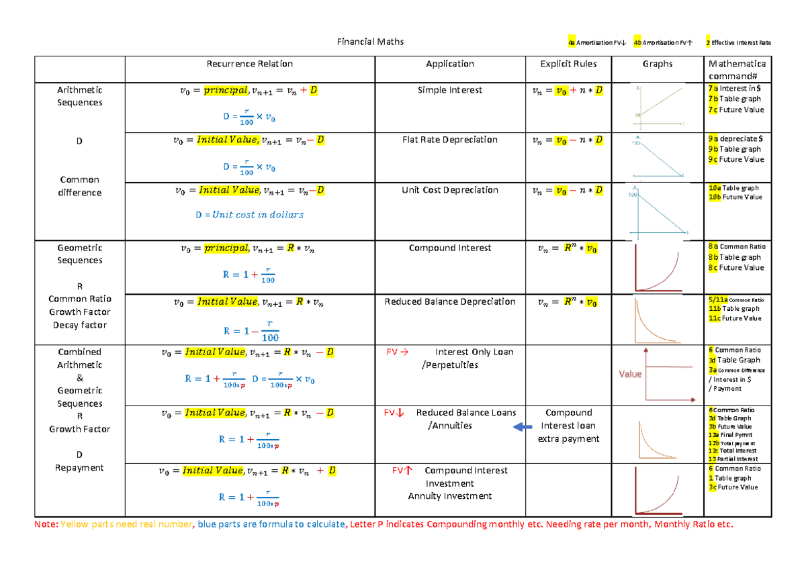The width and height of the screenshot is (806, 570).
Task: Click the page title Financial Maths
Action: point(370,42)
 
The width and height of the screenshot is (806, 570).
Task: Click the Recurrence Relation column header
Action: point(250,64)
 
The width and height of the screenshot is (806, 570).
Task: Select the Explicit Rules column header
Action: point(568,64)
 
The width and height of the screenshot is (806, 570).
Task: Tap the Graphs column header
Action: point(658,64)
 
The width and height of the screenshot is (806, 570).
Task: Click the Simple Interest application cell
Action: point(449,90)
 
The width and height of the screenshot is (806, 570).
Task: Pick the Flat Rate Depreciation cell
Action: point(449,140)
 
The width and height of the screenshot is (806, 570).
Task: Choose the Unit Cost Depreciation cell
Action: point(449,190)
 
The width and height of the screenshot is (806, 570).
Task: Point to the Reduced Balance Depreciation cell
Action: point(449,301)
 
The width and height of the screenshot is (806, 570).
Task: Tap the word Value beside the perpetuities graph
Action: point(631,374)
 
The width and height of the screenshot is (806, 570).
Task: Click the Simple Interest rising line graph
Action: point(658,107)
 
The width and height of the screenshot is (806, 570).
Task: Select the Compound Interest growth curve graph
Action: point(658,268)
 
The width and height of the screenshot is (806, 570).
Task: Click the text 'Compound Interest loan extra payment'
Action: point(568,426)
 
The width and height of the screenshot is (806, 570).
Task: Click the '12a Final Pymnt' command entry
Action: point(731,435)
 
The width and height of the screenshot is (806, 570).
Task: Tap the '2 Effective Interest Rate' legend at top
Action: point(738,43)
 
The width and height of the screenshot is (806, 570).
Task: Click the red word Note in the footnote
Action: point(46,524)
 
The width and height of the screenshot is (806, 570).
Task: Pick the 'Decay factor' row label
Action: point(80,325)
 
